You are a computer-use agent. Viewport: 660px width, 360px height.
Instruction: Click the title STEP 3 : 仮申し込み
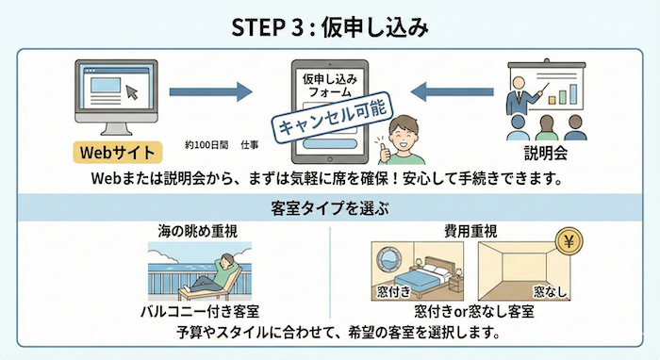[329, 25]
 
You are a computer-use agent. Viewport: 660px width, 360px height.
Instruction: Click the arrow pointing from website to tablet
[211, 91]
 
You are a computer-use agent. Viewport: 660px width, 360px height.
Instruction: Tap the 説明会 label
[549, 153]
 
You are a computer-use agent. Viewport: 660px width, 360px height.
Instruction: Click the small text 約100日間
[203, 145]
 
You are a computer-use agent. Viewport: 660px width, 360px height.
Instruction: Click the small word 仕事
[250, 145]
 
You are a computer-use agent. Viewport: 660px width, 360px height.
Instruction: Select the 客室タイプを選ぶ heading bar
[329, 207]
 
